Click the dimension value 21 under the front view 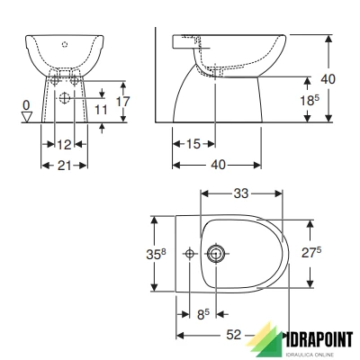(x=64, y=165)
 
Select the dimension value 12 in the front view (x=64, y=145)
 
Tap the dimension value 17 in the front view (x=123, y=103)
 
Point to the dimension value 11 (x=102, y=109)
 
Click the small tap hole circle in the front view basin (x=64, y=43)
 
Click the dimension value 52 (x=232, y=335)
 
